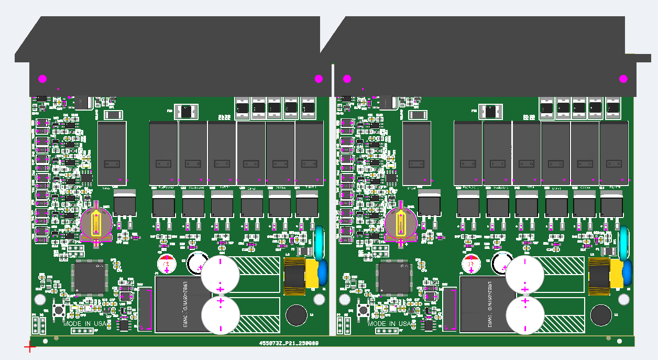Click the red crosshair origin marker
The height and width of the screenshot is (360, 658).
click(x=30, y=346)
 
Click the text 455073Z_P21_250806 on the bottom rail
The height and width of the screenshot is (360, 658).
click(x=289, y=343)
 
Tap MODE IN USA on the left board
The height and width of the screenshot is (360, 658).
click(x=85, y=324)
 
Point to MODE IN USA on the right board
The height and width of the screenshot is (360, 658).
click(x=390, y=324)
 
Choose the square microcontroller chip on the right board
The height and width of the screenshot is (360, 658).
click(x=394, y=277)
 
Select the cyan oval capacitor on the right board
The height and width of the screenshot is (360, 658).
click(x=624, y=243)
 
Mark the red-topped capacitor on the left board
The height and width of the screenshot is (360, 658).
click(x=167, y=264)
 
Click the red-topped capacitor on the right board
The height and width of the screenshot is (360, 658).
click(x=471, y=264)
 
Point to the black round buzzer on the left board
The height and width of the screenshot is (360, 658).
click(x=296, y=315)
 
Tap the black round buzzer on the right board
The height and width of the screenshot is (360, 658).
click(x=600, y=315)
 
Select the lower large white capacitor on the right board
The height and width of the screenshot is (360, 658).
click(x=525, y=315)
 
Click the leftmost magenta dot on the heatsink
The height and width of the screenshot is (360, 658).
click(x=42, y=79)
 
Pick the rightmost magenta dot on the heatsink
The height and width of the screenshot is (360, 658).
click(x=623, y=79)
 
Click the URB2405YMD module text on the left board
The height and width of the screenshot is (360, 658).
click(x=184, y=304)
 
